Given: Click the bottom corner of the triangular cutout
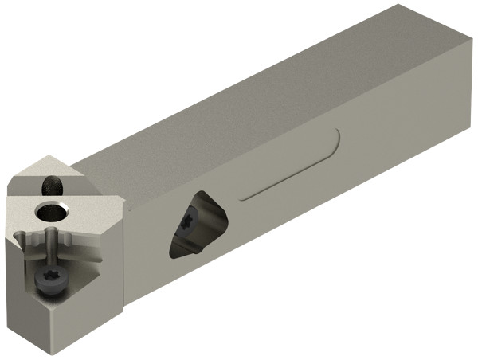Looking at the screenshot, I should (173, 256).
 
